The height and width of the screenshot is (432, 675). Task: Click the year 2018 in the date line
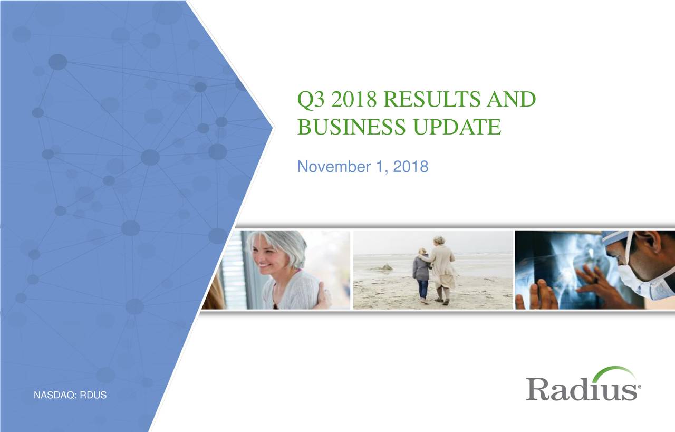pyautogui.click(x=410, y=168)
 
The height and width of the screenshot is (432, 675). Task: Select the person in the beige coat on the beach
pyautogui.click(x=442, y=266)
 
